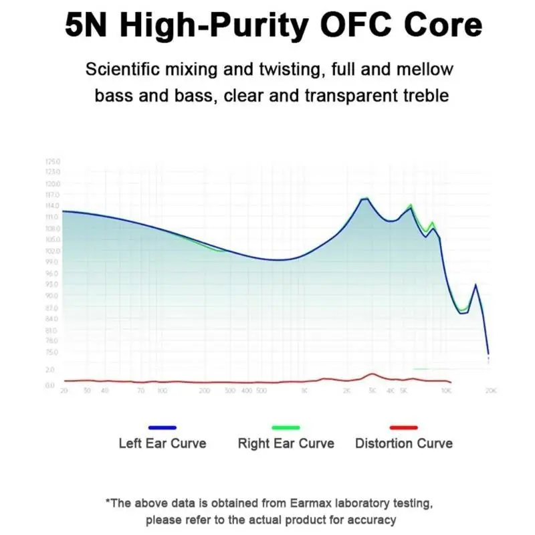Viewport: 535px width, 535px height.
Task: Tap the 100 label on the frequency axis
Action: coord(162,390)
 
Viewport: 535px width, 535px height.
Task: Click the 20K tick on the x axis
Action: coord(490,390)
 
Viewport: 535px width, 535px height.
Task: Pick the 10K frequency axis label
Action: coord(446,390)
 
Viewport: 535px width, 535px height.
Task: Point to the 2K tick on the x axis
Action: coord(346,390)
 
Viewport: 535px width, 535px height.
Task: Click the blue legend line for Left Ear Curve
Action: coord(163,427)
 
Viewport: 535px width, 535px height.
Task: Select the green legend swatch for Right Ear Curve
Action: coord(286,427)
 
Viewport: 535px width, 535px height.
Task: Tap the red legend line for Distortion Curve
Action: coord(403,427)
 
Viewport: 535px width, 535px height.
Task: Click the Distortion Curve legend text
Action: coord(403,443)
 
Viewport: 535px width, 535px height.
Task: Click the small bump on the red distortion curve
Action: coord(372,374)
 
